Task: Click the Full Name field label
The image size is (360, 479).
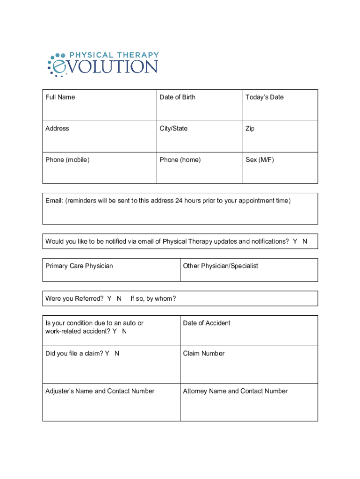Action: (x=60, y=97)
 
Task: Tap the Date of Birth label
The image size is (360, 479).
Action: (x=177, y=97)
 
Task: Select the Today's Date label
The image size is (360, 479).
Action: (x=264, y=97)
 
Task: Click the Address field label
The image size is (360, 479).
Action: (x=57, y=129)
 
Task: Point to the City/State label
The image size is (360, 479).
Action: (x=173, y=129)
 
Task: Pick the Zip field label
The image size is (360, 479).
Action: (x=250, y=129)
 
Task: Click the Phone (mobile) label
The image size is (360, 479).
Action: (x=67, y=160)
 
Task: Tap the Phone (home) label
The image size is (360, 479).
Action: (x=180, y=160)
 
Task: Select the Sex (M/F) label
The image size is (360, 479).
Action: (x=259, y=160)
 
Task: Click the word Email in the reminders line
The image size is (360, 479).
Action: (x=54, y=201)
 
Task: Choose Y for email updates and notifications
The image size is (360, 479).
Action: (x=295, y=241)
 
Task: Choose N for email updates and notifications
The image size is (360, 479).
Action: (x=305, y=241)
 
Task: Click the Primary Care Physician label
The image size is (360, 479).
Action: (x=79, y=266)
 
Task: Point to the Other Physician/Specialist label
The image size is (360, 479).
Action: (x=220, y=266)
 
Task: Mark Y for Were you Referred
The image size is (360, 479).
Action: (x=109, y=298)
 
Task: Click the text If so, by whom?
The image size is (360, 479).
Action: (x=153, y=298)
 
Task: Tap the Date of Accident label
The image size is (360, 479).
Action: (x=206, y=323)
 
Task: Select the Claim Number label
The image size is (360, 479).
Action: (x=203, y=354)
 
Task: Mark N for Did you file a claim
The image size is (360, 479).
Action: (x=117, y=354)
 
